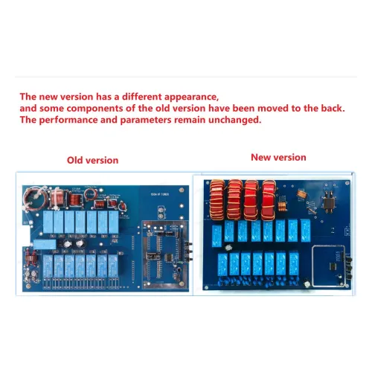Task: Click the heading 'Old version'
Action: click(x=93, y=161)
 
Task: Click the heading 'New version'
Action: click(x=278, y=158)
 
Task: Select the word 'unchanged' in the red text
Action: click(x=235, y=120)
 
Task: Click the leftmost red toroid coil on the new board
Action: click(x=217, y=199)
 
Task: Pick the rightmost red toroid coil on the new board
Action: click(x=269, y=200)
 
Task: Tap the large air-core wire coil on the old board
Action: click(x=35, y=198)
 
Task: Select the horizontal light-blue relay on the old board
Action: click(x=45, y=245)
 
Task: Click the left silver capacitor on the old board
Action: click(x=67, y=244)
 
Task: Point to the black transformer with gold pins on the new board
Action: click(x=329, y=202)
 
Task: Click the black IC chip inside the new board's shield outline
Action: click(x=333, y=266)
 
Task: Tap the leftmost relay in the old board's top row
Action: click(x=48, y=222)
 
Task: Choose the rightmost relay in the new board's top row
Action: click(x=306, y=231)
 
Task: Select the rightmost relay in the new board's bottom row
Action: click(x=294, y=263)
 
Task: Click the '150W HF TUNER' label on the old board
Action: click(x=160, y=194)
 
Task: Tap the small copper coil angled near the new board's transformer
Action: click(x=301, y=194)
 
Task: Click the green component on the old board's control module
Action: click(x=181, y=262)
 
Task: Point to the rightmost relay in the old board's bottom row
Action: click(x=113, y=266)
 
